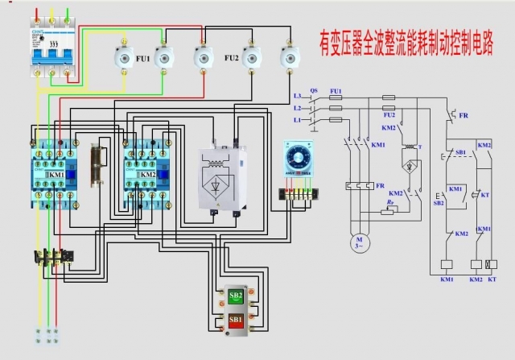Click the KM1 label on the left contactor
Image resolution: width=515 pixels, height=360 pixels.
[56, 175]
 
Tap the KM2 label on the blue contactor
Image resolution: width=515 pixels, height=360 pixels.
[148, 175]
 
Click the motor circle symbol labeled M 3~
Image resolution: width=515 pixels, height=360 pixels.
[358, 242]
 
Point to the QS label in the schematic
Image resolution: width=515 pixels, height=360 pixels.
[314, 90]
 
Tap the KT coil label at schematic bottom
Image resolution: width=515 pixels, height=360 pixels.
[493, 279]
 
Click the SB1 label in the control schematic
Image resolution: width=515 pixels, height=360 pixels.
[460, 151]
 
